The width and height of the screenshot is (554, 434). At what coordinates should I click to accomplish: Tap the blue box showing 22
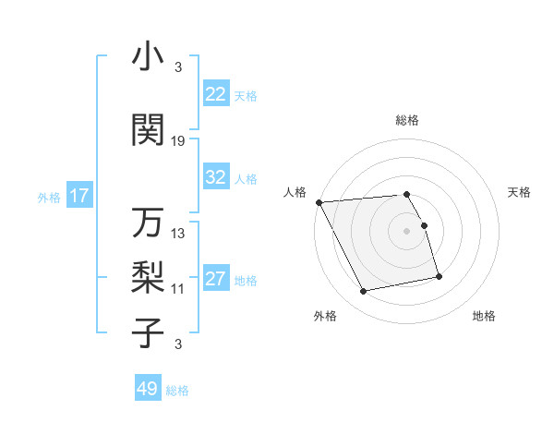pos(216,94)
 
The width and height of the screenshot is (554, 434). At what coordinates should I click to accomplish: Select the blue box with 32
pos(216,177)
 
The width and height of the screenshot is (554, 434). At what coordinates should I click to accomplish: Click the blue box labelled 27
pos(216,280)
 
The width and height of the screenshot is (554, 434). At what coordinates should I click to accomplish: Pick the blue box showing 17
pos(78,196)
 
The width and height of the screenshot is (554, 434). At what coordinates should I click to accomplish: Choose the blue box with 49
pos(148,389)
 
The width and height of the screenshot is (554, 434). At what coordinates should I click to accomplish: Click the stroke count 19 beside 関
pos(178,140)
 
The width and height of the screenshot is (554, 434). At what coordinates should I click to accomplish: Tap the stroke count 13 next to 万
pos(178,234)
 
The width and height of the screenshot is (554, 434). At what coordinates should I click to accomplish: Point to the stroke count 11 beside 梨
pos(178,288)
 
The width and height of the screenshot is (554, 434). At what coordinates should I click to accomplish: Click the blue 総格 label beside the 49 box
pos(177,391)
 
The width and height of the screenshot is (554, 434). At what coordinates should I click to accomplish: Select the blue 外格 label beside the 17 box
pos(49,197)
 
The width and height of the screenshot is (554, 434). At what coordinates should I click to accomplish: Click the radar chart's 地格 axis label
pos(484,316)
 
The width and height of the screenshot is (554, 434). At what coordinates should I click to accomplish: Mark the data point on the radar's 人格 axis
pos(319,202)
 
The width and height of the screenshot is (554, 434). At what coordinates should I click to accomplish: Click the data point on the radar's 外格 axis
pos(364,292)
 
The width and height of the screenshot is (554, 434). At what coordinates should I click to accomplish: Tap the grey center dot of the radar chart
pos(407,231)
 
